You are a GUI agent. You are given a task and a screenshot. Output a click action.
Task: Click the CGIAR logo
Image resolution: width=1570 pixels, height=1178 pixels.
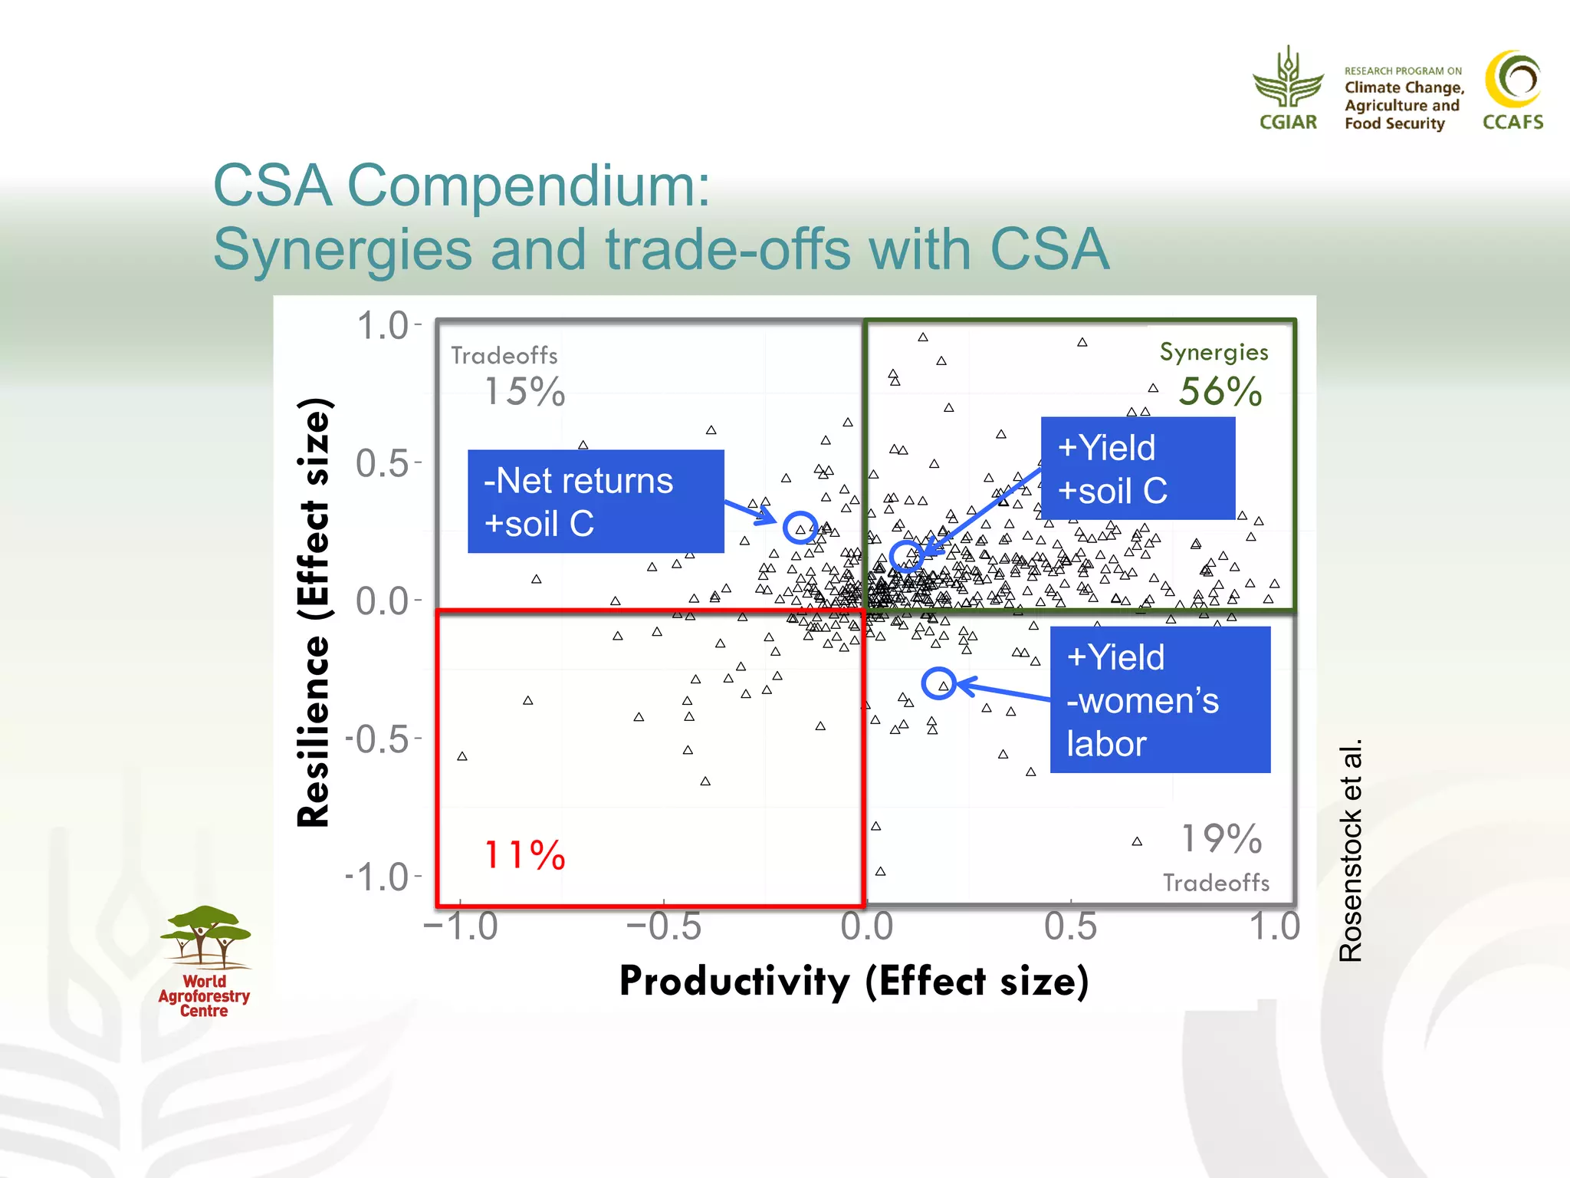1288,88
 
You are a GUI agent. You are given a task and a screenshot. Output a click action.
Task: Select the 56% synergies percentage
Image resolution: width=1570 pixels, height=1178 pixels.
1220,392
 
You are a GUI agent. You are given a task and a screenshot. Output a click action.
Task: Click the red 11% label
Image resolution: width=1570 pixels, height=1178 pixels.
524,854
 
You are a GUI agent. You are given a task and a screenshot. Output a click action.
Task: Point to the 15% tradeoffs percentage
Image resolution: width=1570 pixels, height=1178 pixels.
524,392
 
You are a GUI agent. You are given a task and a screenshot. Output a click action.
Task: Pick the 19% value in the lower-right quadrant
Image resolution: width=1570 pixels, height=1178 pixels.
1220,838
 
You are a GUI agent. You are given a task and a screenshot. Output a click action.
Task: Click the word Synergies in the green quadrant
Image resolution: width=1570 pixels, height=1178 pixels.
1213,352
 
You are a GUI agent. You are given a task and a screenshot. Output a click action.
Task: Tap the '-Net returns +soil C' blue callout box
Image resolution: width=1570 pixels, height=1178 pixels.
595,502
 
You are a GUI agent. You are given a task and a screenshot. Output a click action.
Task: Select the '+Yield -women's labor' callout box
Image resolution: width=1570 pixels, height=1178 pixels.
1159,699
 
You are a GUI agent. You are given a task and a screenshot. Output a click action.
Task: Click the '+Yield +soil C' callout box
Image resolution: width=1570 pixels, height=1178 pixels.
1137,469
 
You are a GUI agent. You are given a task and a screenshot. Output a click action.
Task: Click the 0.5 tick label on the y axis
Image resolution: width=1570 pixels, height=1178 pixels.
383,464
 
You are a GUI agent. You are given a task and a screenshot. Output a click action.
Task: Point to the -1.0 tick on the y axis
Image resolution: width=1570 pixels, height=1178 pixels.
377,877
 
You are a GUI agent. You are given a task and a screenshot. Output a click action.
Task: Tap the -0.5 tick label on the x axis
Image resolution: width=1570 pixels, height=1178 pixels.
663,926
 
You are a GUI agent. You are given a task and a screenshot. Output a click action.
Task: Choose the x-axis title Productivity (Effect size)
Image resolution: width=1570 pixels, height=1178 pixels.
853,981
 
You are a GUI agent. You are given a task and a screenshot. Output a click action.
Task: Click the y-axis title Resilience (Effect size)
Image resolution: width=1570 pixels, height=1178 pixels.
314,612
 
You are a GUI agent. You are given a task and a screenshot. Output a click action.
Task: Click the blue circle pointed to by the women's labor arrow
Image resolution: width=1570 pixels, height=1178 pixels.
938,683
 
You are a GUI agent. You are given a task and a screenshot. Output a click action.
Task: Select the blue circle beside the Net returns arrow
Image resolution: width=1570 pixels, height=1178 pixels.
800,528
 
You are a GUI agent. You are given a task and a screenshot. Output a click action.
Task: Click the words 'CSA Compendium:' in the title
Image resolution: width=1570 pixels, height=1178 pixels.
461,186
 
